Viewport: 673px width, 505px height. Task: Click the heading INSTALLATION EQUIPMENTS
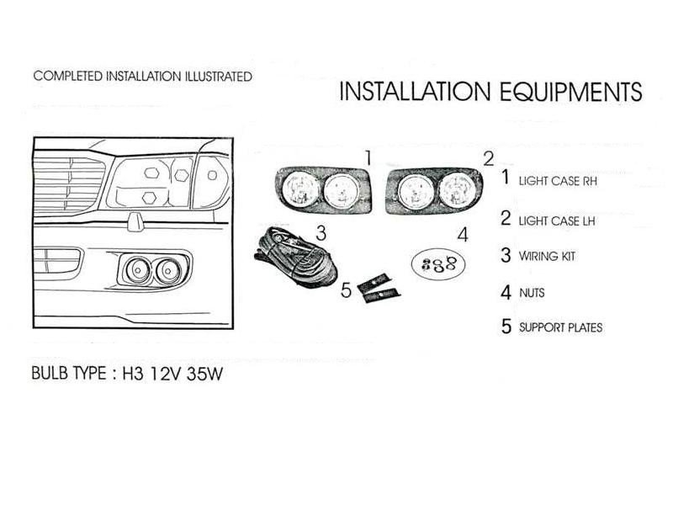490,92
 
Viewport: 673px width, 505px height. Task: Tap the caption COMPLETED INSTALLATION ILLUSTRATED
142,77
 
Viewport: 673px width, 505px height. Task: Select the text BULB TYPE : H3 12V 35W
127,374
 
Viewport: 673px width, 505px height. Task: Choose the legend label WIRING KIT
547,257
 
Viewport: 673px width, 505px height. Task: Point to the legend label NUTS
533,294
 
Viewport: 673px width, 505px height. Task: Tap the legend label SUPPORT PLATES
560,327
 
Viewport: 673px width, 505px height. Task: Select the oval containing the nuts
437,263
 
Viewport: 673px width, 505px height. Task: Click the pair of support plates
378,287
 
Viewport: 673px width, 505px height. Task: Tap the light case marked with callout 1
324,189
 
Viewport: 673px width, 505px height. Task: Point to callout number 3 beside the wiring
321,231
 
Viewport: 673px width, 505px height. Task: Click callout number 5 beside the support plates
347,291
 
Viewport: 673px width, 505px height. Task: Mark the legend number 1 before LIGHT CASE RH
506,178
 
